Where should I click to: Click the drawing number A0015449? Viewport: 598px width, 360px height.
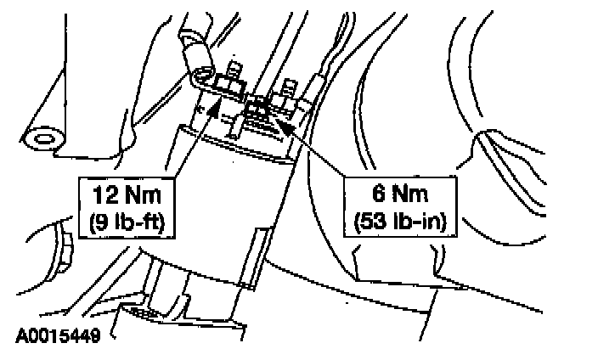(58, 337)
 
